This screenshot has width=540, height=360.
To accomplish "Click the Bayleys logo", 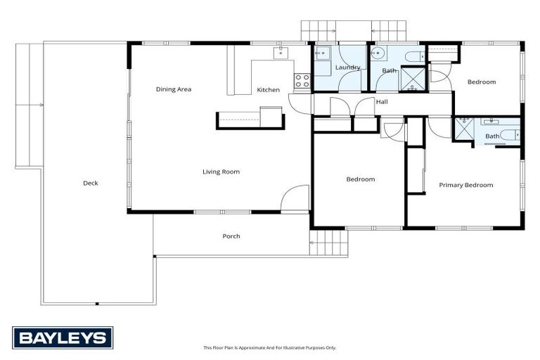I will click(x=62, y=337).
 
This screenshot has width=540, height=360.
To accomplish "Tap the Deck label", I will click(x=90, y=183).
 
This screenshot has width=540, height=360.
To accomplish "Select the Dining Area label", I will click(x=174, y=89).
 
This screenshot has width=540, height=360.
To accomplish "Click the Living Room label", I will click(x=221, y=172).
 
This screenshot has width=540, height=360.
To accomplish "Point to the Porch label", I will click(x=231, y=236).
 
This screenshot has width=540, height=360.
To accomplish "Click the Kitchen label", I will click(x=268, y=90).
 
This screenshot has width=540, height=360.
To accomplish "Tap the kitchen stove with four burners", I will click(x=302, y=81).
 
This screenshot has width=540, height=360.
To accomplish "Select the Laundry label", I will click(x=347, y=67).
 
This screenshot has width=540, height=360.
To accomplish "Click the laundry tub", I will click(x=324, y=53).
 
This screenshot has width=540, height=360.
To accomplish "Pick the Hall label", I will click(x=382, y=103).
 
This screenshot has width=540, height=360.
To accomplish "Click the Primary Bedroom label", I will click(x=465, y=185).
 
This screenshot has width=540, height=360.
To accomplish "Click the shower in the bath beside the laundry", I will click(x=411, y=79).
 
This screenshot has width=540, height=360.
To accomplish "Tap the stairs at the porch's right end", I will click(x=328, y=244).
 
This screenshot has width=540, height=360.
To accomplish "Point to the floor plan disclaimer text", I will click(x=270, y=347).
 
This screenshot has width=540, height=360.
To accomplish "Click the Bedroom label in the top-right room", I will click(x=482, y=82).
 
